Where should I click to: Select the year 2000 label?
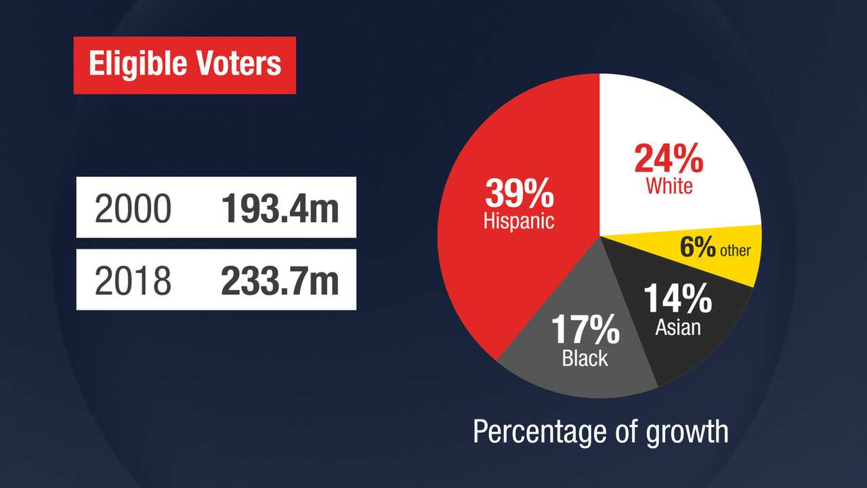coord(133,208)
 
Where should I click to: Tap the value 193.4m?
coord(280,208)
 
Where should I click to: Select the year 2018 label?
coord(133,281)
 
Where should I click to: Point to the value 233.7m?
coord(280,281)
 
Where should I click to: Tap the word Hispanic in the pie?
coord(519,221)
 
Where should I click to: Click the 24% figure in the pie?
coord(669,159)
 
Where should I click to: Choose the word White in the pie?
coord(669,186)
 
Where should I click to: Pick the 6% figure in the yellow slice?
coord(698,248)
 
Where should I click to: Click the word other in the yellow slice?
coord(735,251)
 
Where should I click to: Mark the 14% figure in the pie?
coord(677,299)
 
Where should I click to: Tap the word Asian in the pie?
coord(678,328)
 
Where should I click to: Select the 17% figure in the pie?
coord(585,330)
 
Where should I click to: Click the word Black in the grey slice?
coord(585,358)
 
